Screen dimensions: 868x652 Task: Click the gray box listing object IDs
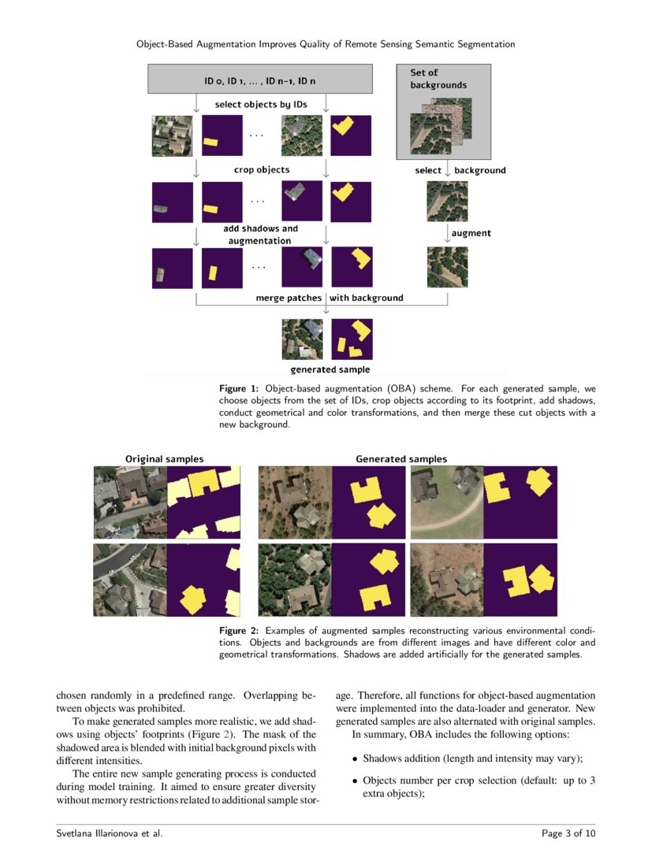[260, 80]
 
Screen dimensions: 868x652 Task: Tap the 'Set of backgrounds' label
[438, 79]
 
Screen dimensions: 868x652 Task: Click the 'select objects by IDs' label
[261, 105]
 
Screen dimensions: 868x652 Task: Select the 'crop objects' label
[261, 169]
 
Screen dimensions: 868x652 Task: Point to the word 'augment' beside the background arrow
[471, 233]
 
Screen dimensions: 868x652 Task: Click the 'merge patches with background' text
[329, 298]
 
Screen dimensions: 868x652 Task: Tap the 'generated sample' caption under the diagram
[330, 369]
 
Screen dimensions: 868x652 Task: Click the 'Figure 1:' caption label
[239, 389]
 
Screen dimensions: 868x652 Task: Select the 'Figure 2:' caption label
[239, 631]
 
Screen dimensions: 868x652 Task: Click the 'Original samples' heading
[165, 458]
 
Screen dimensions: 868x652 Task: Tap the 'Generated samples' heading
[401, 458]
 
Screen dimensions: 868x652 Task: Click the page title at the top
[326, 44]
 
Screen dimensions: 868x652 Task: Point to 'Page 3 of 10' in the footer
[568, 833]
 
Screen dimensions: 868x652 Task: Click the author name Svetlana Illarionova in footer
[110, 833]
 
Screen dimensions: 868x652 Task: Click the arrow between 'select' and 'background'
[447, 170]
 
